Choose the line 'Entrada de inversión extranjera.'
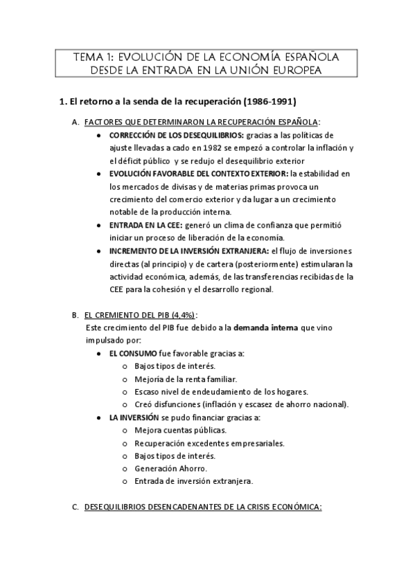click(193, 481)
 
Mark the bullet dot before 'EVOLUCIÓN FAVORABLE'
click(101, 174)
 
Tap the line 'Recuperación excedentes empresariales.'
click(210, 443)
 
